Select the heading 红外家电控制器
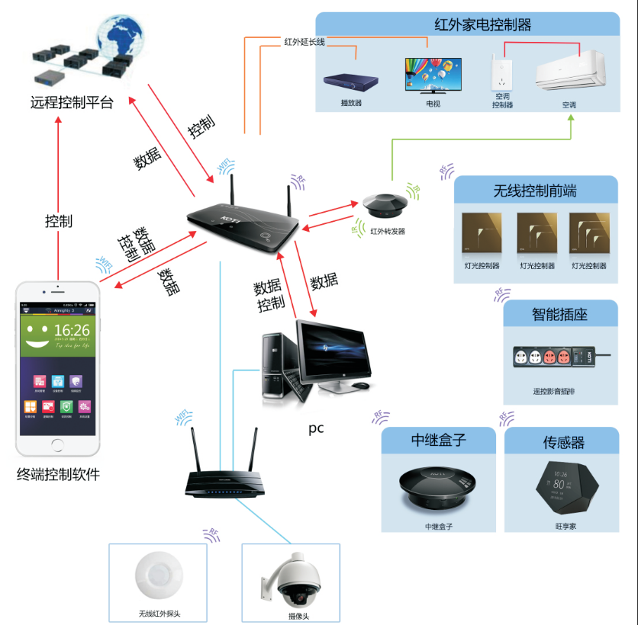coord(482,24)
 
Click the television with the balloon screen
coord(432,75)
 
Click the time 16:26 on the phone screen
coord(71,330)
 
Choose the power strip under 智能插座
coord(561,357)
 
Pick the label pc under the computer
coord(316,428)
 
